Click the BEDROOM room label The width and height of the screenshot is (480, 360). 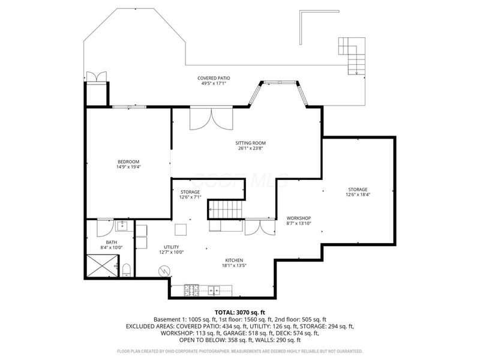pyautogui.click(x=128, y=161)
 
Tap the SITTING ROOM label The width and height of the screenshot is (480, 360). pyautogui.click(x=250, y=143)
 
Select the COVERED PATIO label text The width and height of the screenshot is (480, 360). pyautogui.click(x=214, y=78)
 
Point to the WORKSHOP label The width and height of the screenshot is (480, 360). pyautogui.click(x=298, y=217)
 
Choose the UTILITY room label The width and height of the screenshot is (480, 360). pyautogui.click(x=172, y=247)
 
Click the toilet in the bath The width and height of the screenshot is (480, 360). pyautogui.click(x=127, y=269)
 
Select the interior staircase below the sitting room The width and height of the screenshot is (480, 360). pyautogui.click(x=226, y=209)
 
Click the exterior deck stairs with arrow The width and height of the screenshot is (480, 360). pyautogui.click(x=352, y=55)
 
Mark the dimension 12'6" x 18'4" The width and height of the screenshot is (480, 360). pyautogui.click(x=356, y=194)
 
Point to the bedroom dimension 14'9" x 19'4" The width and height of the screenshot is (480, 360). pyautogui.click(x=128, y=167)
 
